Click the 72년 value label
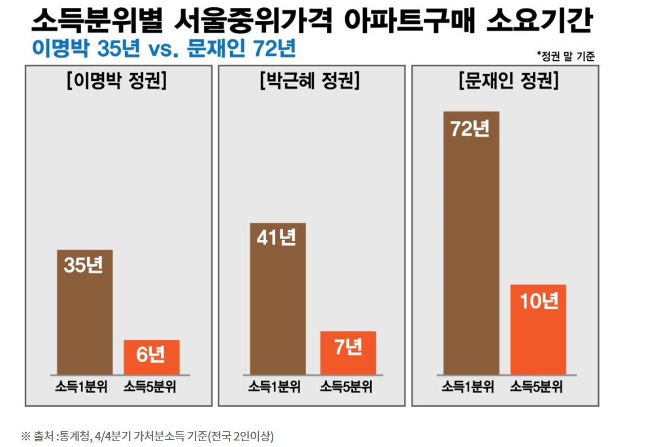pos(471,129)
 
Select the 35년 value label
pos(84,266)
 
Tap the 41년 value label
pos(277,238)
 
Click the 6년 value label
pos(151,355)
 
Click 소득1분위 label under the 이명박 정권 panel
pos(84,386)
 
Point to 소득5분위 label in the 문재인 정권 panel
pos(538,386)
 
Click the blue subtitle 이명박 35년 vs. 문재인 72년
pos(163,48)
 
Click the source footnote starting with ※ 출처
pos(147,436)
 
